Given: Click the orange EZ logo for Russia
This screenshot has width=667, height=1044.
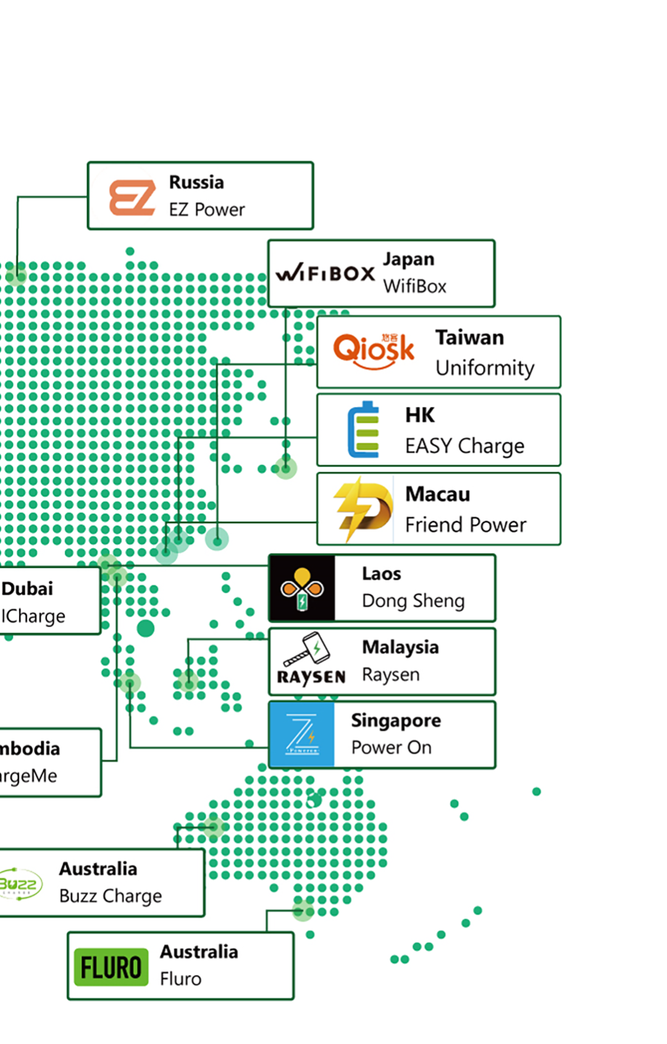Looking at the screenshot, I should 132,198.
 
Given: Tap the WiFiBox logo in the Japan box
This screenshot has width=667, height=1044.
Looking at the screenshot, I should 325,273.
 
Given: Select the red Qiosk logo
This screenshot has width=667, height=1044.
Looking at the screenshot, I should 374,350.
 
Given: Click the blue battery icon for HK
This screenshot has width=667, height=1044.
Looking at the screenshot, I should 364,430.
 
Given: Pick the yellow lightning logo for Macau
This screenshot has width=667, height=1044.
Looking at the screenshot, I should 363,509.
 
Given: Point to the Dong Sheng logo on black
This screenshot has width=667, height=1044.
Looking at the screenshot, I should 302,588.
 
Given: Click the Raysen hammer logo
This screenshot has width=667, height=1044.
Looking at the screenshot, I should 311,659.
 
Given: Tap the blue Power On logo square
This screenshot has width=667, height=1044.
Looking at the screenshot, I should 302,734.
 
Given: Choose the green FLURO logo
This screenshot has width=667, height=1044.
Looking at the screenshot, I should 111,967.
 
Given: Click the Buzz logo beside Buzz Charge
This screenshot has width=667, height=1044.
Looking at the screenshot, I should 20,884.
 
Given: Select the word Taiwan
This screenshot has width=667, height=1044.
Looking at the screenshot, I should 469,338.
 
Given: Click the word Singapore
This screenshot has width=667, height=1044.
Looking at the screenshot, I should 396,720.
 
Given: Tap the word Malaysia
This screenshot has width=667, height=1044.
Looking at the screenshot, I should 400,647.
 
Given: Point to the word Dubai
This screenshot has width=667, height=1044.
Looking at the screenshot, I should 27,588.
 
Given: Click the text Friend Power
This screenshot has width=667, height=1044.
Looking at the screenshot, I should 466,525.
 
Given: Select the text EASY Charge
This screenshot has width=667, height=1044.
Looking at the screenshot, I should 464,446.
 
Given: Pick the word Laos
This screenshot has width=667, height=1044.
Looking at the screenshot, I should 381,574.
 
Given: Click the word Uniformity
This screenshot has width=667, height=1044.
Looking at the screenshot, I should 485,368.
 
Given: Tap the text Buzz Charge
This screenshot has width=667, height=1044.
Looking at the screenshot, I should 111,896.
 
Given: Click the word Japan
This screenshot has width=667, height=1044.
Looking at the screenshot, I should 408,259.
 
